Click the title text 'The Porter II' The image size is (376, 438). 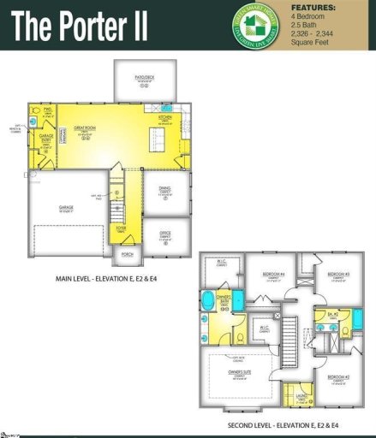78,26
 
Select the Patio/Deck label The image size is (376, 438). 145,77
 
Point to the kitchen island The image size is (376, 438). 156,136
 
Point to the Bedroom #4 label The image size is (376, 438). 272,275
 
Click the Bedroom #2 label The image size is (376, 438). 339,377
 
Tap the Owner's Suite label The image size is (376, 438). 241,373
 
